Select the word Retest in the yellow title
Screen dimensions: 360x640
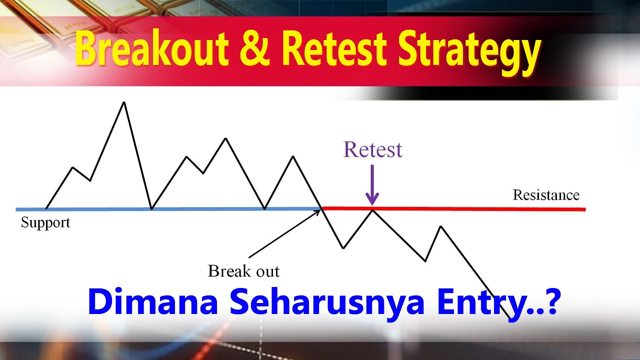click(334, 50)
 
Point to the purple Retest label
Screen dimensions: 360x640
click(372, 149)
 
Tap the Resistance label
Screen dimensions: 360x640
click(546, 195)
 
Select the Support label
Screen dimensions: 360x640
click(45, 222)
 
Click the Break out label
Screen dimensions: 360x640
click(243, 271)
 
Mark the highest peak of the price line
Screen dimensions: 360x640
click(124, 102)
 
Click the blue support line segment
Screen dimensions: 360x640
click(200, 208)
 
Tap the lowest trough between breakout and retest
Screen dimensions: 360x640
click(343, 247)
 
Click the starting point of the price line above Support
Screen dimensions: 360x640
click(46, 208)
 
